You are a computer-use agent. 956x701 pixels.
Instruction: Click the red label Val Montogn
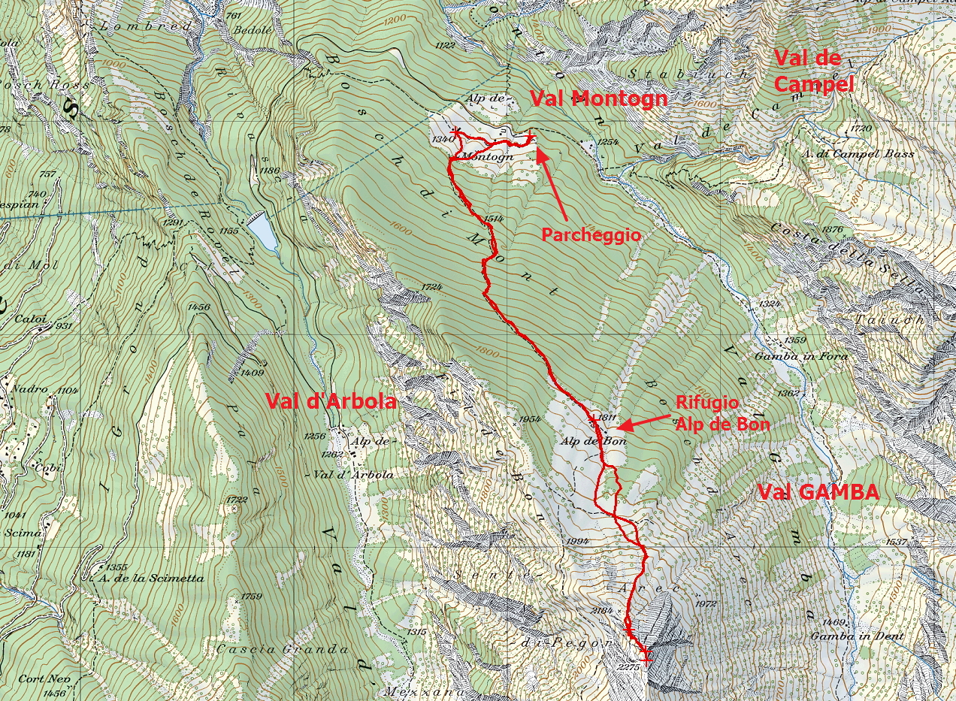coord(599,98)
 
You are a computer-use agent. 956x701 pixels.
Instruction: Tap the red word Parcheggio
coord(591,235)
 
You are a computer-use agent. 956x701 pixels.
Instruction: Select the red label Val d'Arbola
coord(331,401)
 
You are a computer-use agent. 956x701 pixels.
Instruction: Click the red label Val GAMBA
coord(818,493)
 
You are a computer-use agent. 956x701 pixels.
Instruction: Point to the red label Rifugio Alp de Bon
coord(722,413)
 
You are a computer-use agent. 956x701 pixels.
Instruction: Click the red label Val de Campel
coord(813,71)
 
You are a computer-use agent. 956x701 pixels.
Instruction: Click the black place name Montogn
coord(488,157)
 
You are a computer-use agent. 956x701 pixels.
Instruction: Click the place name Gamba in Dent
coord(846,636)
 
